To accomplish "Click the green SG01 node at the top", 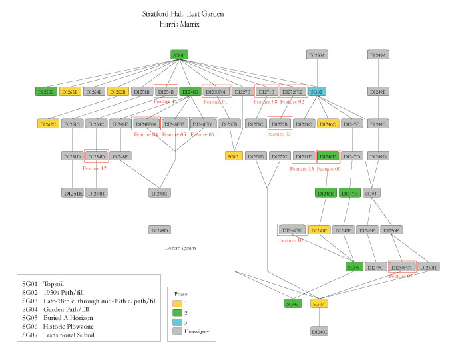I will [178, 55].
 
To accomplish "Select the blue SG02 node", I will [317, 92].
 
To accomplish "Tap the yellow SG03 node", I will [234, 156].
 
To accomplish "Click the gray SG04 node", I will [372, 193].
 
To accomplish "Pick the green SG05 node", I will [353, 267].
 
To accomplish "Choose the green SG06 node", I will [293, 303].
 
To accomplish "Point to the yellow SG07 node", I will [319, 303].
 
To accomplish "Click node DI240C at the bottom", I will [319, 331].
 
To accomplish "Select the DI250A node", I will [317, 55].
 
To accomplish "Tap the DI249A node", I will [378, 55].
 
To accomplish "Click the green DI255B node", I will [46, 92].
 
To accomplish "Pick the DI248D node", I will [160, 230].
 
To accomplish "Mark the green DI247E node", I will [349, 193].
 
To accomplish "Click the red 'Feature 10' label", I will [290, 240].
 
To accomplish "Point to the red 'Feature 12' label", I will [95, 168].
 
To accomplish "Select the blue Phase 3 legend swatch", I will [178, 321].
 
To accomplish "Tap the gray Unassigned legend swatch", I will [178, 330].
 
